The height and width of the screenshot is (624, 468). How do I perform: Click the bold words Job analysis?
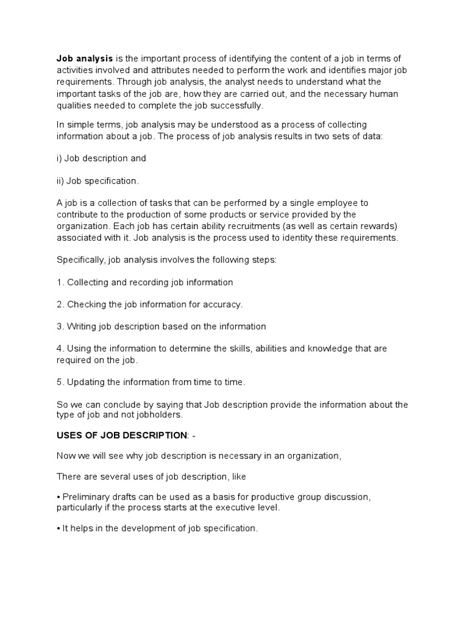click(85, 58)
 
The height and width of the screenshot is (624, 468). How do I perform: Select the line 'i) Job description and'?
click(101, 158)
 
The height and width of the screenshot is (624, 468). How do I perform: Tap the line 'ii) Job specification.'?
click(98, 180)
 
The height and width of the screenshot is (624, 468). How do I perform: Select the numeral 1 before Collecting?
click(60, 282)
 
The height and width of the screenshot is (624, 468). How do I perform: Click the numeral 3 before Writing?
click(60, 326)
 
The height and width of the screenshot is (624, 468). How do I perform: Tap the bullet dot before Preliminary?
click(58, 497)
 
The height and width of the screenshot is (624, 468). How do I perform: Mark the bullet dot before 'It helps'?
click(58, 529)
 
